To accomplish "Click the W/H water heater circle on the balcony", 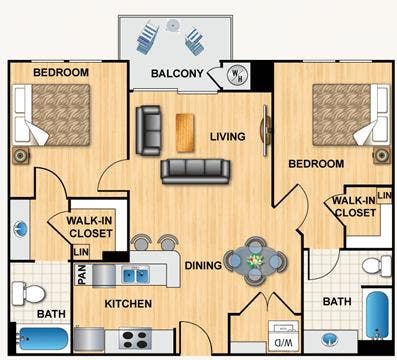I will click(237, 73).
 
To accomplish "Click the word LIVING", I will click(228, 137).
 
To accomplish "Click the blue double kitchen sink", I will click(134, 274).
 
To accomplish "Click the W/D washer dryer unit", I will click(284, 334).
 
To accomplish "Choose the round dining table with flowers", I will click(252, 263).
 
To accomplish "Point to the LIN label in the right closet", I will click(383, 194).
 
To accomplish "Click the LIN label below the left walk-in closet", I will click(81, 251).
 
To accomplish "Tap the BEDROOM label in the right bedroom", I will click(316, 163).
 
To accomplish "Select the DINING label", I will click(204, 265).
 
